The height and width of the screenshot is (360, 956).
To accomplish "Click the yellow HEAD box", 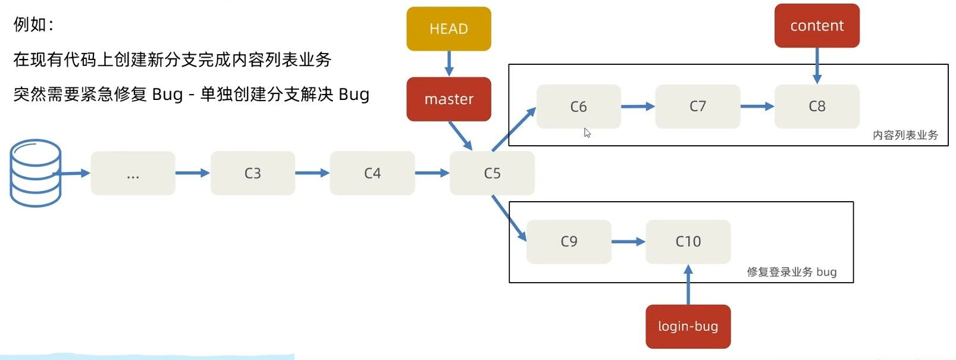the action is pyautogui.click(x=449, y=29).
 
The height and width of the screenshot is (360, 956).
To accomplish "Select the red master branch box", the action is pyautogui.click(x=449, y=99).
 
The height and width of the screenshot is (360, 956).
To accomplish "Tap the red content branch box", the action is pyautogui.click(x=817, y=26).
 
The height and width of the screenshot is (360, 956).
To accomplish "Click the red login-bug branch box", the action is pyautogui.click(x=688, y=327).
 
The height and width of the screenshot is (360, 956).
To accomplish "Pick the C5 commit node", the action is pyautogui.click(x=492, y=173).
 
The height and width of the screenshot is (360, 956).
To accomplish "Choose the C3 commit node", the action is pyautogui.click(x=253, y=173).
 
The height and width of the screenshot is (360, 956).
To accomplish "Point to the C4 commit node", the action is pyautogui.click(x=372, y=173).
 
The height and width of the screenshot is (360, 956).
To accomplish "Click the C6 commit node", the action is pyautogui.click(x=578, y=107).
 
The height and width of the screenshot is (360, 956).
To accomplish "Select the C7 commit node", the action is pyautogui.click(x=698, y=107).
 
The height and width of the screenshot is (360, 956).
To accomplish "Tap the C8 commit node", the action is pyautogui.click(x=817, y=107).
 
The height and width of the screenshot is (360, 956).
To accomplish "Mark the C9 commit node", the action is pyautogui.click(x=569, y=242).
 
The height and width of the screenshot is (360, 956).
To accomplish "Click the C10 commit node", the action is pyautogui.click(x=688, y=242).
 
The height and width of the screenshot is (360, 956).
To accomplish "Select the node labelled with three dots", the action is pyautogui.click(x=133, y=173).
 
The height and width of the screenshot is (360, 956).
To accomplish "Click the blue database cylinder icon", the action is pyautogui.click(x=36, y=173).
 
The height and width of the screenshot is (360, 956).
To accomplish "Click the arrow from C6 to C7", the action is pyautogui.click(x=638, y=107).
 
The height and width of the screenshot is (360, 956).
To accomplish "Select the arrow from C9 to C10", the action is pyautogui.click(x=629, y=242).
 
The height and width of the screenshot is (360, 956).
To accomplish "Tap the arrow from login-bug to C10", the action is pyautogui.click(x=688, y=284).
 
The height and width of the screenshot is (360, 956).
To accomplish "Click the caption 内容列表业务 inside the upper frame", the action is pyautogui.click(x=905, y=136).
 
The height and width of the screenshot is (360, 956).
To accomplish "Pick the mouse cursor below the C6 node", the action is pyautogui.click(x=587, y=133).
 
